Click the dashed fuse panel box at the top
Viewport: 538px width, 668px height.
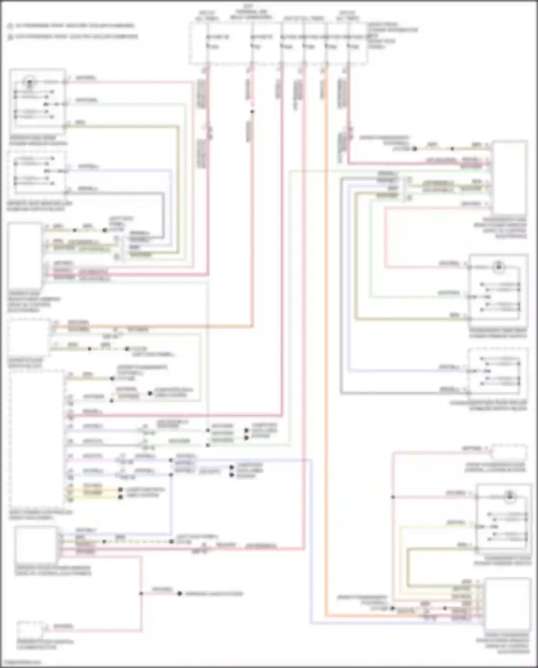[278, 43]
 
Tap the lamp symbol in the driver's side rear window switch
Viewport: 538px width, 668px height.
[29, 83]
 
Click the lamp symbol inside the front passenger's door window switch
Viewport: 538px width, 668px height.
[509, 497]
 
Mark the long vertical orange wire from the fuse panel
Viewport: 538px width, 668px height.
[326, 323]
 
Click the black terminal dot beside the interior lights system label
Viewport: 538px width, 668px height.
[180, 594]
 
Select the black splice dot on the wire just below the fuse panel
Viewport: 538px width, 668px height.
[252, 112]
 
